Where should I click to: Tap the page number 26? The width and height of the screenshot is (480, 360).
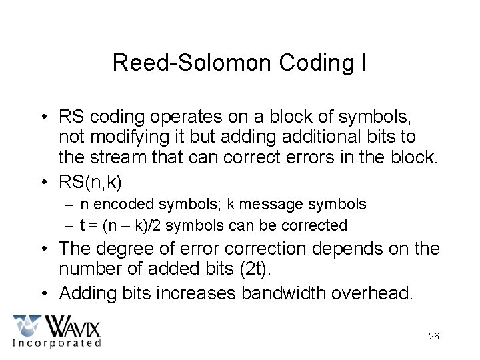tap(433, 336)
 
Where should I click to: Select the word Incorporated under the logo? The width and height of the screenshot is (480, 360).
tap(57, 343)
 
